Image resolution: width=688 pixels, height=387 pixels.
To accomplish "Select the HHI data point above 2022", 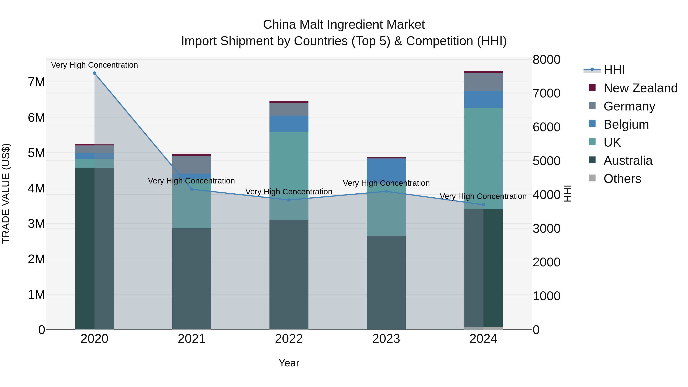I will point(289,200).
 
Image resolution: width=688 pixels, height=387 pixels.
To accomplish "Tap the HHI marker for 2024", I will point(483,204).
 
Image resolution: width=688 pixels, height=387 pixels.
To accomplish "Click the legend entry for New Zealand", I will point(640,88).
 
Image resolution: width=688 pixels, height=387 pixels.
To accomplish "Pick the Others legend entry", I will point(622,179).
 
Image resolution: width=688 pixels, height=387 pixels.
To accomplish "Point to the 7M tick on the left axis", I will point(36,82).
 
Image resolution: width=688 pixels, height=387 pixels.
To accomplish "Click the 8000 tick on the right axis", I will point(546,60).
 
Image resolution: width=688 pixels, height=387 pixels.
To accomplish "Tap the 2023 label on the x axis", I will point(386,339).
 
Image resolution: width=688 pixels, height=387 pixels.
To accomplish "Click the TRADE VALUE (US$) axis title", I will point(6,193).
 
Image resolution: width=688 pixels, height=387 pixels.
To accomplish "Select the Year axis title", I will point(289,363).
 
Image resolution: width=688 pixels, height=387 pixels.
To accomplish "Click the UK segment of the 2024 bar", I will point(483,158).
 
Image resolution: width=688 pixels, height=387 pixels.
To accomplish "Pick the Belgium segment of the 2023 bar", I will point(386,171).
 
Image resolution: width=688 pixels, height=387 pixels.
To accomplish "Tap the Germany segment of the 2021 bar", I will point(191,165).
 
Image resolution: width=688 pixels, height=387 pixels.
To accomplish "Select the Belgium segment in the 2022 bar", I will point(289,123).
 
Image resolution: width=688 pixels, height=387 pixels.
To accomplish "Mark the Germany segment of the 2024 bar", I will point(483,82).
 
